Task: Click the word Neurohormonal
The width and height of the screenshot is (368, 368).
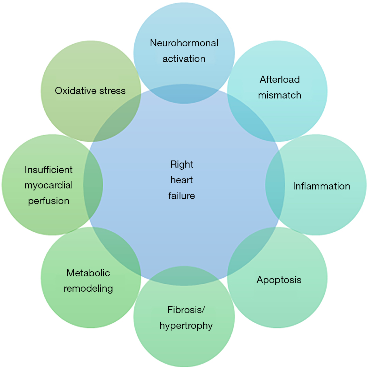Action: coord(184,43)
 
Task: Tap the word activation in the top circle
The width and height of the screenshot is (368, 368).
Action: coord(184,59)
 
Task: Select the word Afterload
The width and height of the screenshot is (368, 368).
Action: coord(280,79)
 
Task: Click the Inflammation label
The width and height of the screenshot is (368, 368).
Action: coord(321,186)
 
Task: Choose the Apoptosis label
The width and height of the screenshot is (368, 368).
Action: coord(279,280)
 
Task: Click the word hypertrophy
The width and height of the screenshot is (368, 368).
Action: coord(186,325)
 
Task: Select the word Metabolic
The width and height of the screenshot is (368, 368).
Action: coord(88,273)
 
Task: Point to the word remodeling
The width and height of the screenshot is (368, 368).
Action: coord(88,288)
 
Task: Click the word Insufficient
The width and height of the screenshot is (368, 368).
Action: coord(49,170)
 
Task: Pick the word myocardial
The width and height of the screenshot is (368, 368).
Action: coord(49,185)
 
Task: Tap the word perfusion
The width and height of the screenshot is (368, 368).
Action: coord(49,201)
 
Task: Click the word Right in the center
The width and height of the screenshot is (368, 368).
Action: coord(182,164)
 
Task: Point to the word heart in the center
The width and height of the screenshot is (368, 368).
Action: coord(182,180)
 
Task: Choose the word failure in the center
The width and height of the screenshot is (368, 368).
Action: coord(182,196)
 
